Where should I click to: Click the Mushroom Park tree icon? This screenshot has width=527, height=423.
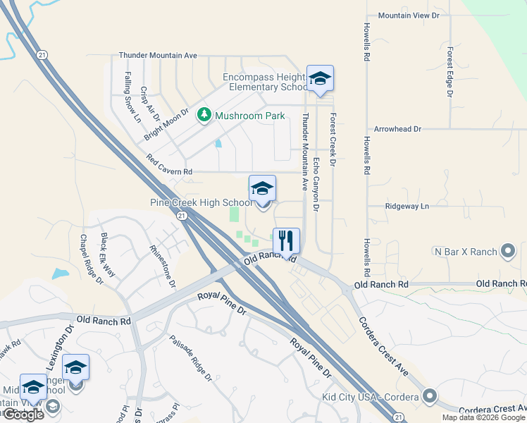tap(204, 114)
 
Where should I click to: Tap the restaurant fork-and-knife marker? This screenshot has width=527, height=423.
tap(286, 240)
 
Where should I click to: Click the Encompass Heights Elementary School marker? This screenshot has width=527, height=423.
tap(320, 79)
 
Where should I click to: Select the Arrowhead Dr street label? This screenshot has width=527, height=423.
tap(397, 130)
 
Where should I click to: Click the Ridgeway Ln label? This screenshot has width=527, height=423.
tap(407, 206)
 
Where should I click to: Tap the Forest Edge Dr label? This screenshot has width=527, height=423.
tap(449, 71)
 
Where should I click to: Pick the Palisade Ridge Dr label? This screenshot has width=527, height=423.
tap(190, 358)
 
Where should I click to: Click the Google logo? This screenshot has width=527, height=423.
tap(23, 415)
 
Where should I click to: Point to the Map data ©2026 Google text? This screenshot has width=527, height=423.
tap(483, 417)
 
